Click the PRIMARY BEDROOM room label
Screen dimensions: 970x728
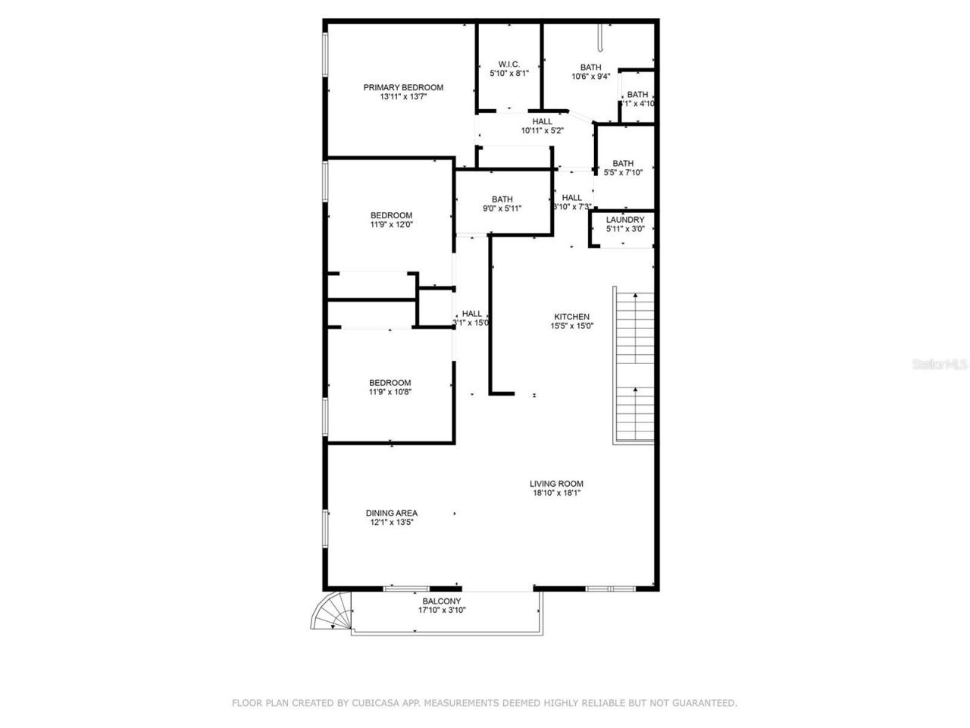tap(402, 87)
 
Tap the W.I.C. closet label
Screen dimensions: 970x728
tap(508, 64)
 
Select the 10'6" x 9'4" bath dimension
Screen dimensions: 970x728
tap(590, 77)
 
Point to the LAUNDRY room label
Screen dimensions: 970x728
tap(625, 220)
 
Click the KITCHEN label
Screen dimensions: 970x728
tap(571, 317)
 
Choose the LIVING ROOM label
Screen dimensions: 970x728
tap(556, 484)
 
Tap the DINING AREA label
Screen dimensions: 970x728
tap(391, 513)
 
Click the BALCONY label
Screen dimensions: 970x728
tap(442, 601)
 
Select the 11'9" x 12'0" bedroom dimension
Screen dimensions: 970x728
tap(391, 224)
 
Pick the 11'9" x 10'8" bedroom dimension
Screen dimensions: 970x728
tap(390, 392)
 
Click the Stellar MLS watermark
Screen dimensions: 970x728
tap(940, 365)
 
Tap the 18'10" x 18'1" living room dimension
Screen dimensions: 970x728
tap(556, 493)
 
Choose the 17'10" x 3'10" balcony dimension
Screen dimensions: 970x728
tap(442, 610)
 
